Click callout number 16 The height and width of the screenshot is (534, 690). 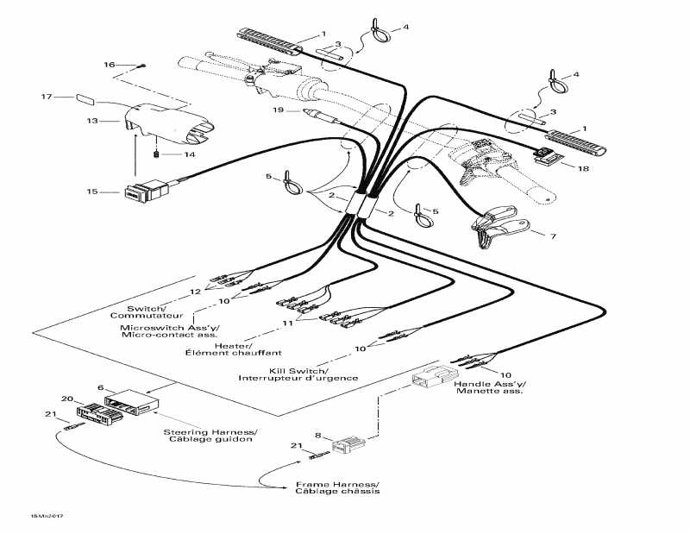pos(110,65)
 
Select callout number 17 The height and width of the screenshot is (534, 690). pos(47,97)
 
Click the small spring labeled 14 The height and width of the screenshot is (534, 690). pos(156,154)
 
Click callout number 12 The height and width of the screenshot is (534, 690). pos(195,292)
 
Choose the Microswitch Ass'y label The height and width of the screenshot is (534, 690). pos(170,328)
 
